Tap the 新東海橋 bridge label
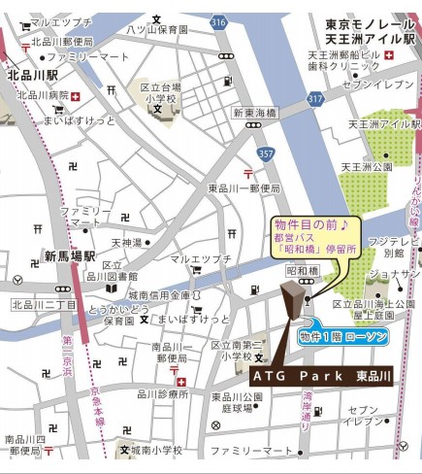point(253,113)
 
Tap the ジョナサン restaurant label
point(394,275)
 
